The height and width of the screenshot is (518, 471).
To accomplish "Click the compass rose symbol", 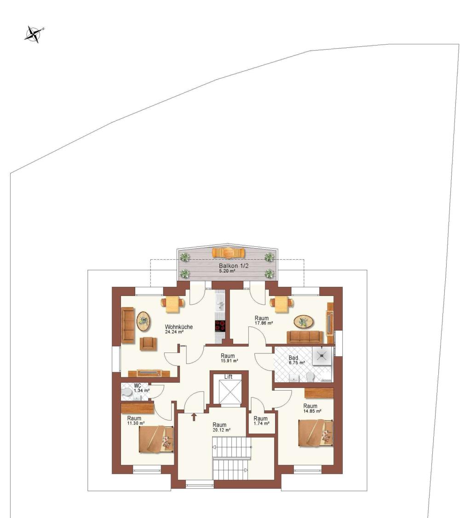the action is pos(34,34).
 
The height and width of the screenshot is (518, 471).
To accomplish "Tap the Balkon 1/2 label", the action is pos(233,266).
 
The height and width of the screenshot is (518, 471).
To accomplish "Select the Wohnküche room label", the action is pos(179,327).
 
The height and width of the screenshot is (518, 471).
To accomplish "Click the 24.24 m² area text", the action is pos(174,332).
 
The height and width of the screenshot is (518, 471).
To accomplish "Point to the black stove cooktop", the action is pos(220,326).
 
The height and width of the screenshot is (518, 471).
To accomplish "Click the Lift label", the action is pos(229,376).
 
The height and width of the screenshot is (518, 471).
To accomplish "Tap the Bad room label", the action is pos(293,358).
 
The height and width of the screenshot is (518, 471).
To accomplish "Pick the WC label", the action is pos(138,386).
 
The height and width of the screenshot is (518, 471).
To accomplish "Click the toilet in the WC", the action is pos(126,393).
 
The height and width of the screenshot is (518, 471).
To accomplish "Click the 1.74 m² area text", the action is pos(261,423).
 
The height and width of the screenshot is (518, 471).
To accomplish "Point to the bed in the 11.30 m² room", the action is pos(156,439).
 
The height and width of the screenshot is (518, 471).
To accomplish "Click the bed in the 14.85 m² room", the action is pos(316,433).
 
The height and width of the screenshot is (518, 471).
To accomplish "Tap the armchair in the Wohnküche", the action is pos(149,344).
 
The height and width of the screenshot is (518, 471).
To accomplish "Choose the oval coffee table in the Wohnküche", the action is pos(144,321).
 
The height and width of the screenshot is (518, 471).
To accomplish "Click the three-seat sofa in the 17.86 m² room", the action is pos(305,337).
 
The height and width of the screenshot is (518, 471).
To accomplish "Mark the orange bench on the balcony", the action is pos(229,253).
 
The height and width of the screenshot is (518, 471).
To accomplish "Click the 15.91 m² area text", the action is pos(230,361).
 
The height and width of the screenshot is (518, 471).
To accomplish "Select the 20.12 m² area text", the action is pos(221,430).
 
